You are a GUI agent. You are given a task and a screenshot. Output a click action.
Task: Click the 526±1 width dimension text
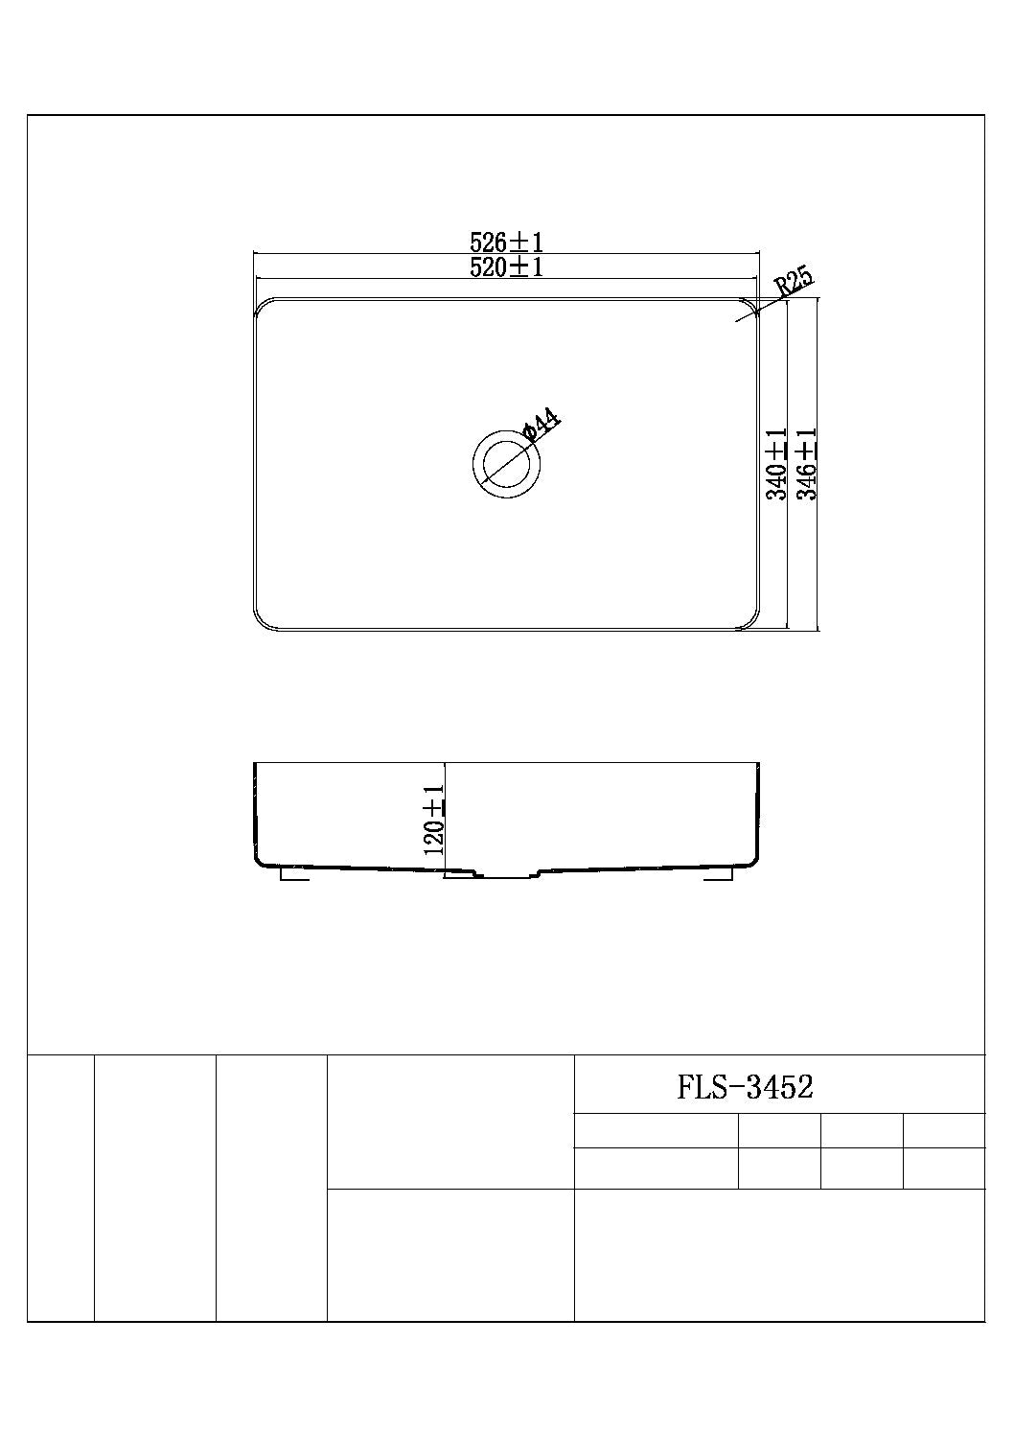tap(506, 242)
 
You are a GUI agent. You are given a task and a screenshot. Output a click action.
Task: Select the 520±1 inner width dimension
tap(506, 267)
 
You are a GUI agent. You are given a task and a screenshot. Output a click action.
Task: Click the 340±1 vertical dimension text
tap(776, 464)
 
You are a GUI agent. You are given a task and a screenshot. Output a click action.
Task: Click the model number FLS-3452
tap(745, 1087)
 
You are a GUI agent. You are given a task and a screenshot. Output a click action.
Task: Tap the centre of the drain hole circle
tap(508, 463)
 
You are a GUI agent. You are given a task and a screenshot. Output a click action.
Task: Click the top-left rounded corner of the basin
tap(261, 305)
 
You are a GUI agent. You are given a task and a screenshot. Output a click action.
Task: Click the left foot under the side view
tap(293, 874)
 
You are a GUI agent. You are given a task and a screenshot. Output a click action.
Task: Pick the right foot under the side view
tap(718, 874)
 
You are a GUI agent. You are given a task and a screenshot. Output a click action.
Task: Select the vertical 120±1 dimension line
tap(446, 820)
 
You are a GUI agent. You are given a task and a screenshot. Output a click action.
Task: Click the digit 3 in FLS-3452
tap(757, 1087)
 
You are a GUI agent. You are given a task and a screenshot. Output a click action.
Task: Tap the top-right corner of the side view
tap(760, 764)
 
